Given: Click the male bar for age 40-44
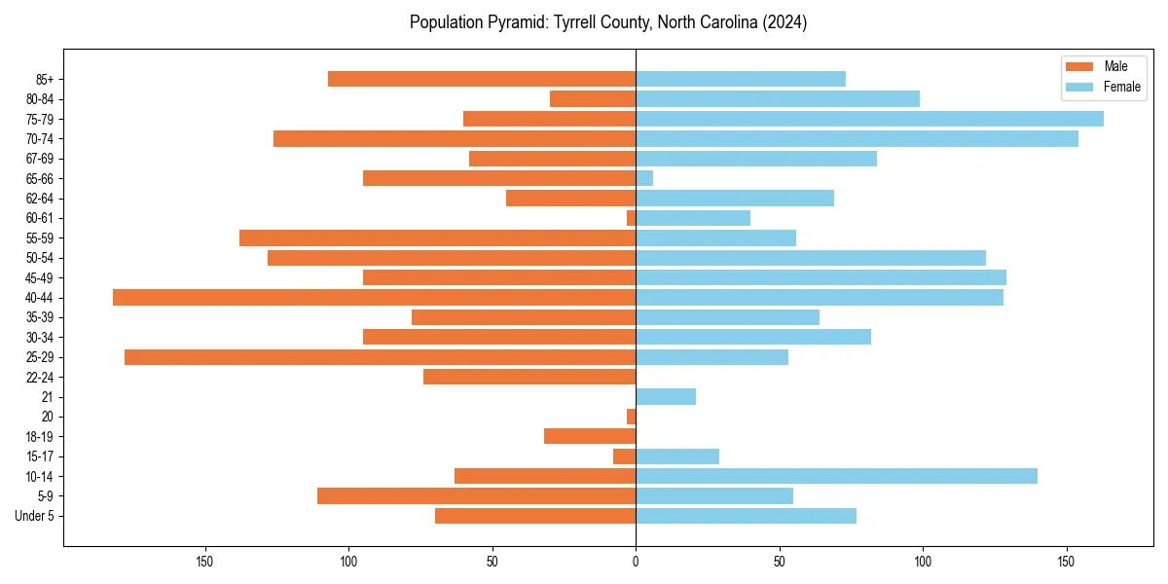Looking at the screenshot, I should pos(375,298).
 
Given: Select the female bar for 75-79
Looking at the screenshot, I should pos(869,119).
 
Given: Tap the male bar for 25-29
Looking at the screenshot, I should pos(381,357).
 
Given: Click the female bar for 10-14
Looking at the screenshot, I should pos(836,476).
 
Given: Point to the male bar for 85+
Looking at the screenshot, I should pos(482,79).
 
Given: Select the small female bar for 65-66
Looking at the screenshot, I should pos(644,178).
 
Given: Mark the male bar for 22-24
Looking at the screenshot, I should pos(529,377).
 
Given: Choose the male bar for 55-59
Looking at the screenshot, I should pos(438,238).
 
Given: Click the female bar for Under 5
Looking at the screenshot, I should pos(746,516).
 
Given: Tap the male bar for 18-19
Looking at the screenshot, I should pos(590,436).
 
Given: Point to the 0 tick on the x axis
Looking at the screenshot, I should pos(636,561).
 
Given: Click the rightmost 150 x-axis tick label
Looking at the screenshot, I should pos(1067,561).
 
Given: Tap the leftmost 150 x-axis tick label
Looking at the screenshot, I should pos(204,561).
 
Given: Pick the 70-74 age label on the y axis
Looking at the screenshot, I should pos(40,139).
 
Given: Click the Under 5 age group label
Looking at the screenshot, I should pos(34,516).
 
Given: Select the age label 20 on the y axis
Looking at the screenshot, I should pos(47,417).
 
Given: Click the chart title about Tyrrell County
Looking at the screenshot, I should pos(608,22).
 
